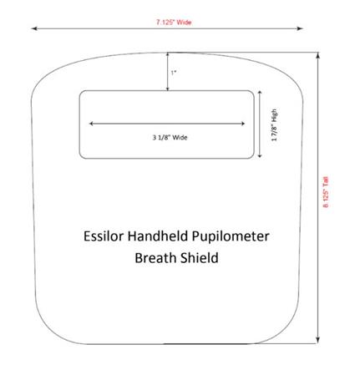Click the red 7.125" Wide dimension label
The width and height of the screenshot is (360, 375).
tap(174, 22)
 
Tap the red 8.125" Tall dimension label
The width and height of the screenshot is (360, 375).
tap(326, 192)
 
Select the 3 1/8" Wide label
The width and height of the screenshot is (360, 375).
tap(170, 137)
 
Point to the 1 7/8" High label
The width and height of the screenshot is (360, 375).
tap(274, 125)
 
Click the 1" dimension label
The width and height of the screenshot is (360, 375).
tap(174, 73)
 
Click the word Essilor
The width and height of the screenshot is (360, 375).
tap(104, 236)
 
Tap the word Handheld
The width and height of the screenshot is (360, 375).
tap(158, 236)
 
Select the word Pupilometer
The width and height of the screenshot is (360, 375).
tap(231, 236)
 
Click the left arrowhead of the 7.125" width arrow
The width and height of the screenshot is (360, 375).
tap(33, 28)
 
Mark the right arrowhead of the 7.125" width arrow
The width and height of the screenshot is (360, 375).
tap(300, 28)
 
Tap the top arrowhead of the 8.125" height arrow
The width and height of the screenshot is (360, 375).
tap(318, 55)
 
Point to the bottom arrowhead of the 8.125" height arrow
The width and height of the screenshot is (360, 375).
tap(318, 340)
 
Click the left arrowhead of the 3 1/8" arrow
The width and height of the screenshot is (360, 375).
tap(91, 124)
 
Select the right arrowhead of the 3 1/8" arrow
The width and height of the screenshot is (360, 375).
tap(243, 124)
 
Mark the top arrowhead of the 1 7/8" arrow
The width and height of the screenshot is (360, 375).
tap(260, 93)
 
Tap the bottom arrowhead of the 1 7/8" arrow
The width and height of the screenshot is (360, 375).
tap(260, 155)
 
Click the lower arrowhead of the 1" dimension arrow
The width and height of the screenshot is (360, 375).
tap(168, 89)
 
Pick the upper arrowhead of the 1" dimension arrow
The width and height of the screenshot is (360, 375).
tap(168, 55)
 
